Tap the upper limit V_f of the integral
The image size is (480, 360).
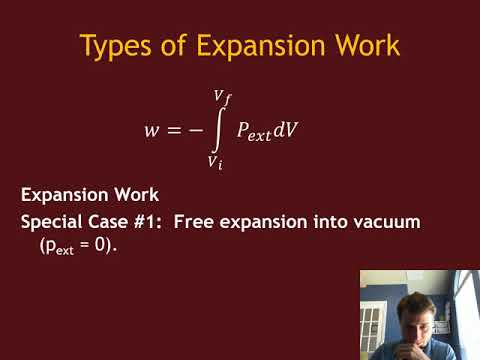tap(223, 97)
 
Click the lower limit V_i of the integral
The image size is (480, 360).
tap(215, 161)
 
